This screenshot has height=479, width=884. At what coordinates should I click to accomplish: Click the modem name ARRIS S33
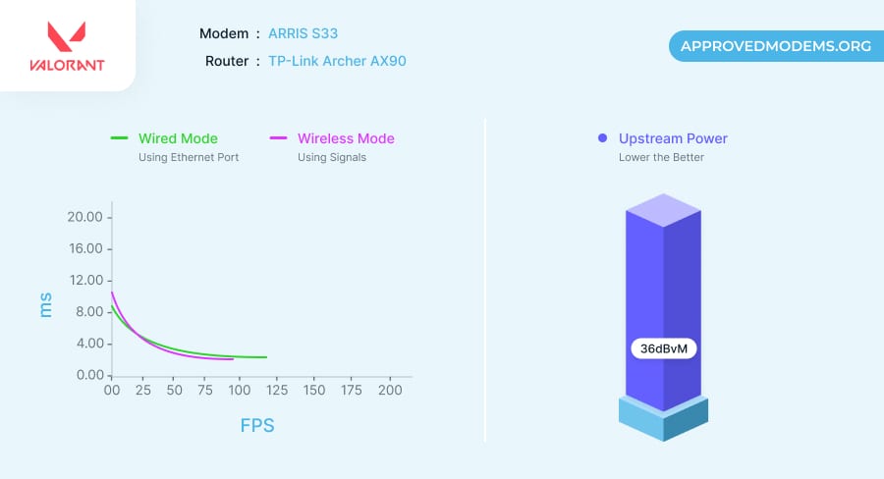click(303, 33)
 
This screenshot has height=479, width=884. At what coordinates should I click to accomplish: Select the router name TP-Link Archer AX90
click(337, 61)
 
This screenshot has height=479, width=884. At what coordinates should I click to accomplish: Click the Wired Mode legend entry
click(177, 138)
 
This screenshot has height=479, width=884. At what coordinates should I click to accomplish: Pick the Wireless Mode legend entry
click(345, 138)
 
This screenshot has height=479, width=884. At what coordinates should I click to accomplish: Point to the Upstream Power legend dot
click(602, 138)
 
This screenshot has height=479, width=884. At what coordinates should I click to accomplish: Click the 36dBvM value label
click(663, 348)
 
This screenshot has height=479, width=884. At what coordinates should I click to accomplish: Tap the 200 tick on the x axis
click(390, 391)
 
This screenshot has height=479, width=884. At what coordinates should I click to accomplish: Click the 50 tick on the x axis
click(175, 391)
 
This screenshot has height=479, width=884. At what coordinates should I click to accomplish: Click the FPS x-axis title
click(257, 426)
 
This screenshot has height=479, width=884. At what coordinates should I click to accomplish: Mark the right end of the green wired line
click(266, 357)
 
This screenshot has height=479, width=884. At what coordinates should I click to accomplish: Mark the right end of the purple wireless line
click(233, 359)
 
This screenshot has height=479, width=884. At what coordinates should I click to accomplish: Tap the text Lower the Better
click(661, 157)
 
